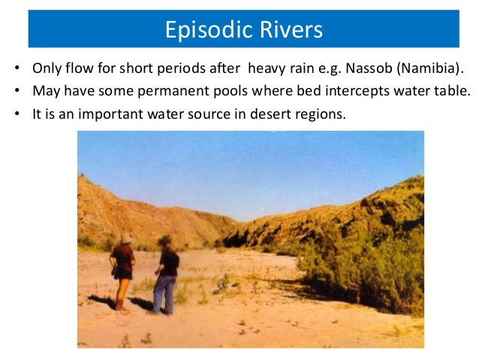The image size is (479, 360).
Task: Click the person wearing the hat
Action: pyautogui.click(x=122, y=271)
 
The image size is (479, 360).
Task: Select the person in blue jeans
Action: pyautogui.click(x=166, y=275)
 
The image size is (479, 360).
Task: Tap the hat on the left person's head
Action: pyautogui.click(x=125, y=237)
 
